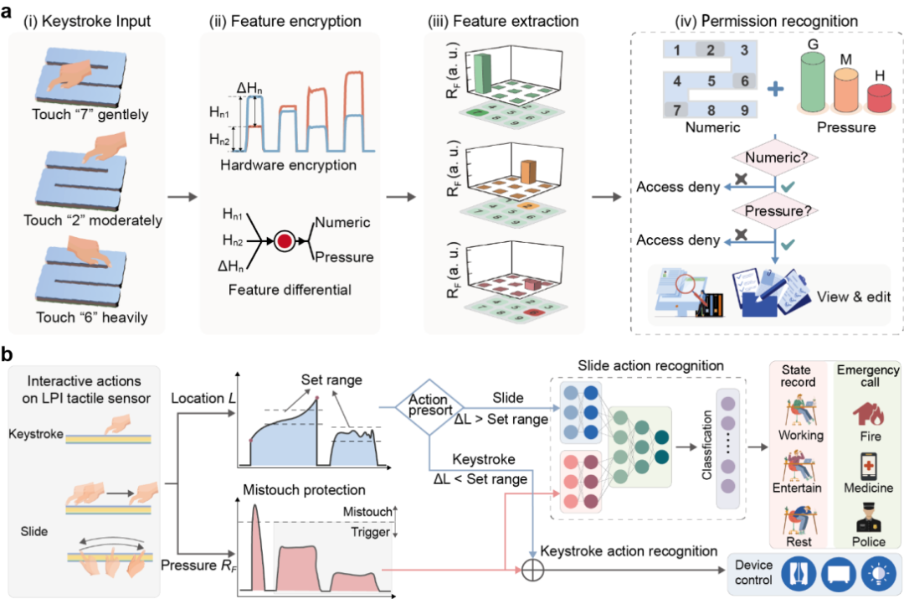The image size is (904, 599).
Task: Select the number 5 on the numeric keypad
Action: tap(711, 81)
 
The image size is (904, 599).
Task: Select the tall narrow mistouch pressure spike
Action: tap(256, 536)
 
